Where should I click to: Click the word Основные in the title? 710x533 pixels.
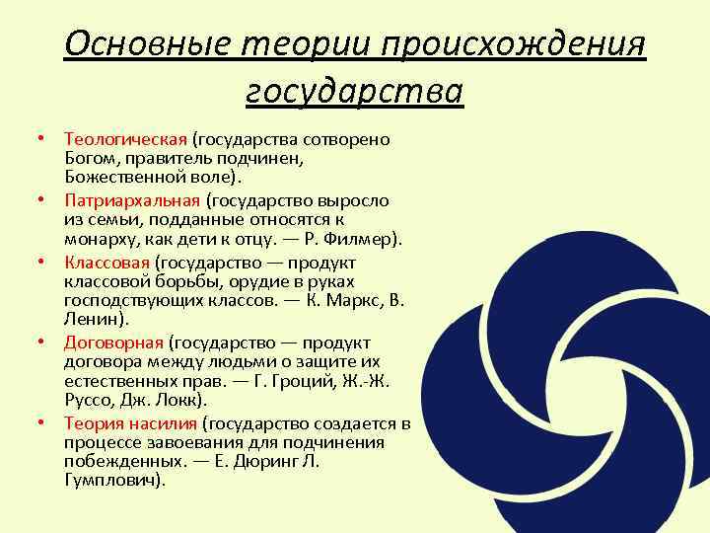pyautogui.click(x=141, y=45)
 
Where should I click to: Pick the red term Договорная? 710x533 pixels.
pyautogui.click(x=113, y=343)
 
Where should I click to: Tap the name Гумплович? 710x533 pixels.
pyautogui.click(x=111, y=480)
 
